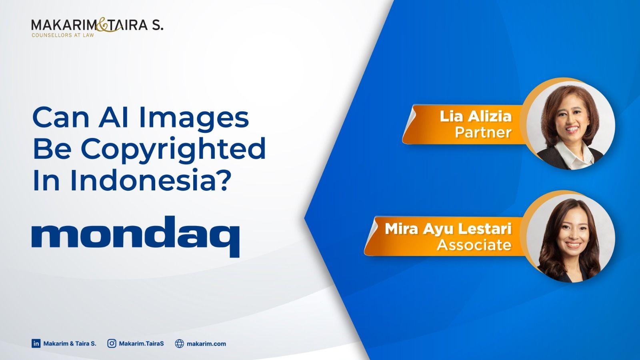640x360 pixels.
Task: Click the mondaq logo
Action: coord(136,236)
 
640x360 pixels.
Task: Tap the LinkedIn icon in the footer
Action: coord(36,344)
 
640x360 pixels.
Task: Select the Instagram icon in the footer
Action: coord(112,344)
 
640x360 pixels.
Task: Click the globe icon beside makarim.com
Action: coord(180,344)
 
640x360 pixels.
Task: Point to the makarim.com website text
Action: coord(206,344)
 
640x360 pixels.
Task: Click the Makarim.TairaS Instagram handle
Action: coord(142,344)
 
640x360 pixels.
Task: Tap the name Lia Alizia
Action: coord(476,116)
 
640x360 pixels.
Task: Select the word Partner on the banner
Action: coord(483,132)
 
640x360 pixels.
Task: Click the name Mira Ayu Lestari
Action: coord(448,229)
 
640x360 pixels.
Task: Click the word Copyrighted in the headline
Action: coord(174,150)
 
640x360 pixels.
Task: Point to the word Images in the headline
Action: coord(194,118)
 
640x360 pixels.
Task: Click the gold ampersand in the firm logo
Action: coord(102,25)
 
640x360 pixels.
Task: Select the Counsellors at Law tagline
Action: coord(63,36)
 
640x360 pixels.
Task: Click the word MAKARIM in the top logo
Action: coord(64,25)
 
